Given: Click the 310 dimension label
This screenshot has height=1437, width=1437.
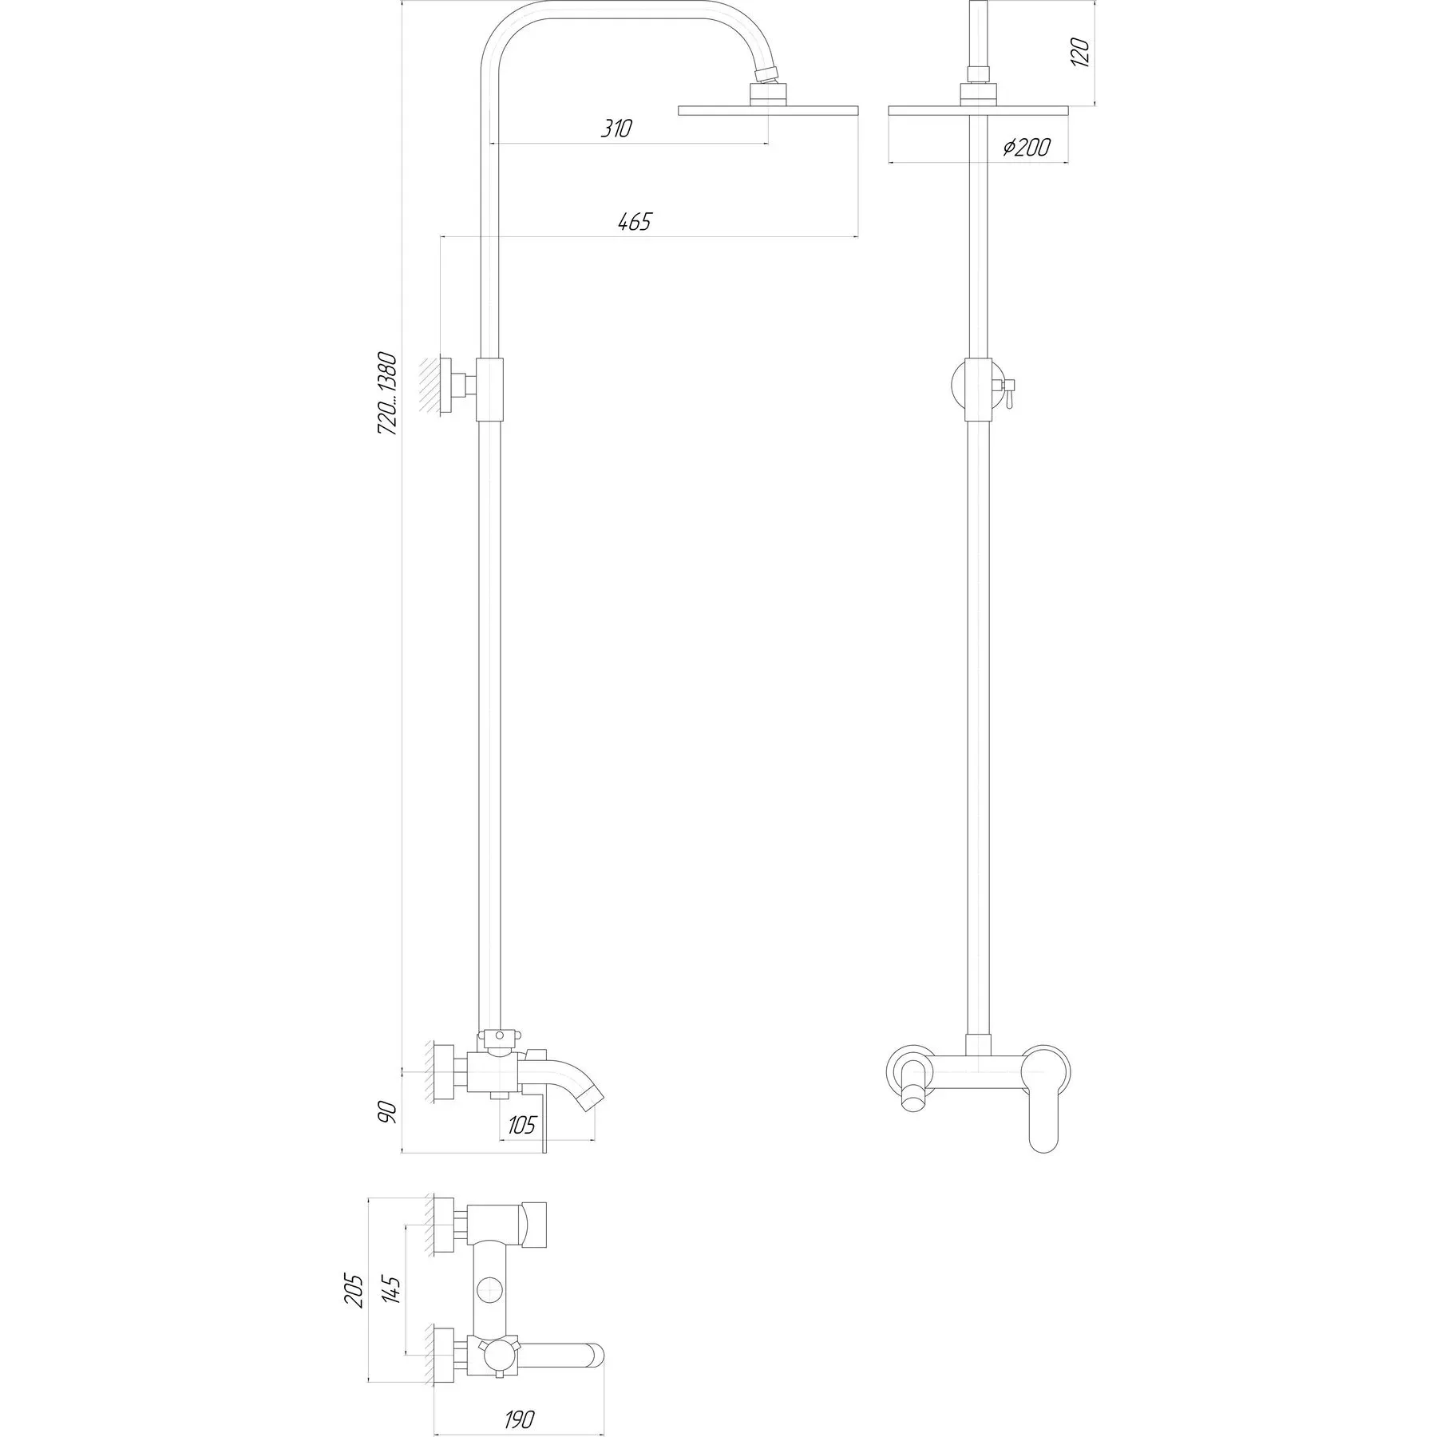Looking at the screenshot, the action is (616, 129).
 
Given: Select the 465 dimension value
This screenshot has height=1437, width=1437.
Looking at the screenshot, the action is (634, 221).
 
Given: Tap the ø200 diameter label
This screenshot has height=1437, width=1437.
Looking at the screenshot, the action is (1027, 148).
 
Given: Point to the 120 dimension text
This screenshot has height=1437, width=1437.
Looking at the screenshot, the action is (1081, 50).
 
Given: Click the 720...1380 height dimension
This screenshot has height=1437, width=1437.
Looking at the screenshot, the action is (387, 393).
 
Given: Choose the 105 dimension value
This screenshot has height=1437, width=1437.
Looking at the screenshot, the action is (521, 1125).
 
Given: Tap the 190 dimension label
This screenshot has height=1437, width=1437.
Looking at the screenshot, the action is (519, 1419).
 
